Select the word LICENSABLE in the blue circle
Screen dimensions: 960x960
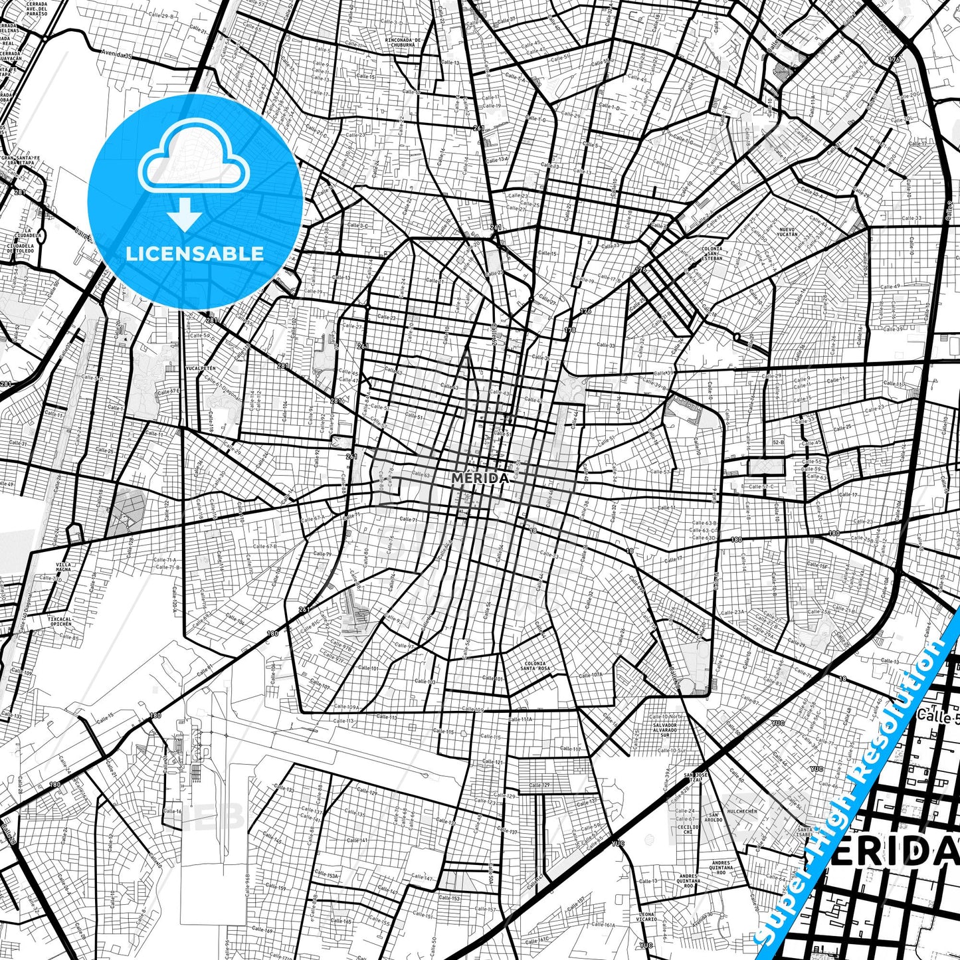tap(195, 254)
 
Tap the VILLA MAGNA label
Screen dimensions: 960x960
tap(64, 567)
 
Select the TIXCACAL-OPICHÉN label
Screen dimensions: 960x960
tap(60, 621)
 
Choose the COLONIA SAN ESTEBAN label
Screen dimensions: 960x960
tap(711, 253)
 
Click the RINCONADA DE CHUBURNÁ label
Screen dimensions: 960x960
tap(403, 43)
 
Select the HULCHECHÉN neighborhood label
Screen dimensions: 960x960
tap(742, 811)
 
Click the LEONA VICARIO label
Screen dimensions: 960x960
tap(647, 917)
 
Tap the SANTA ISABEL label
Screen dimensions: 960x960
tap(805, 832)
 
